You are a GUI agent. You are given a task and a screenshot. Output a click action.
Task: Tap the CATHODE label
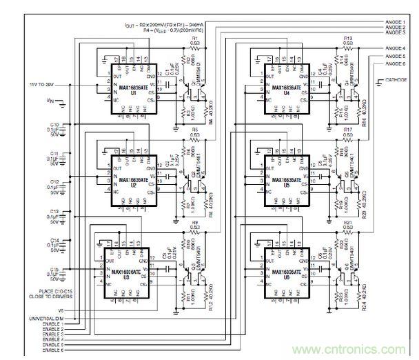coord(396,79)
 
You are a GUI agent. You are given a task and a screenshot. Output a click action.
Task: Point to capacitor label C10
coord(56,125)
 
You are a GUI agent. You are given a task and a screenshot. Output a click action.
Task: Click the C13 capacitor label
coord(56,213)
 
